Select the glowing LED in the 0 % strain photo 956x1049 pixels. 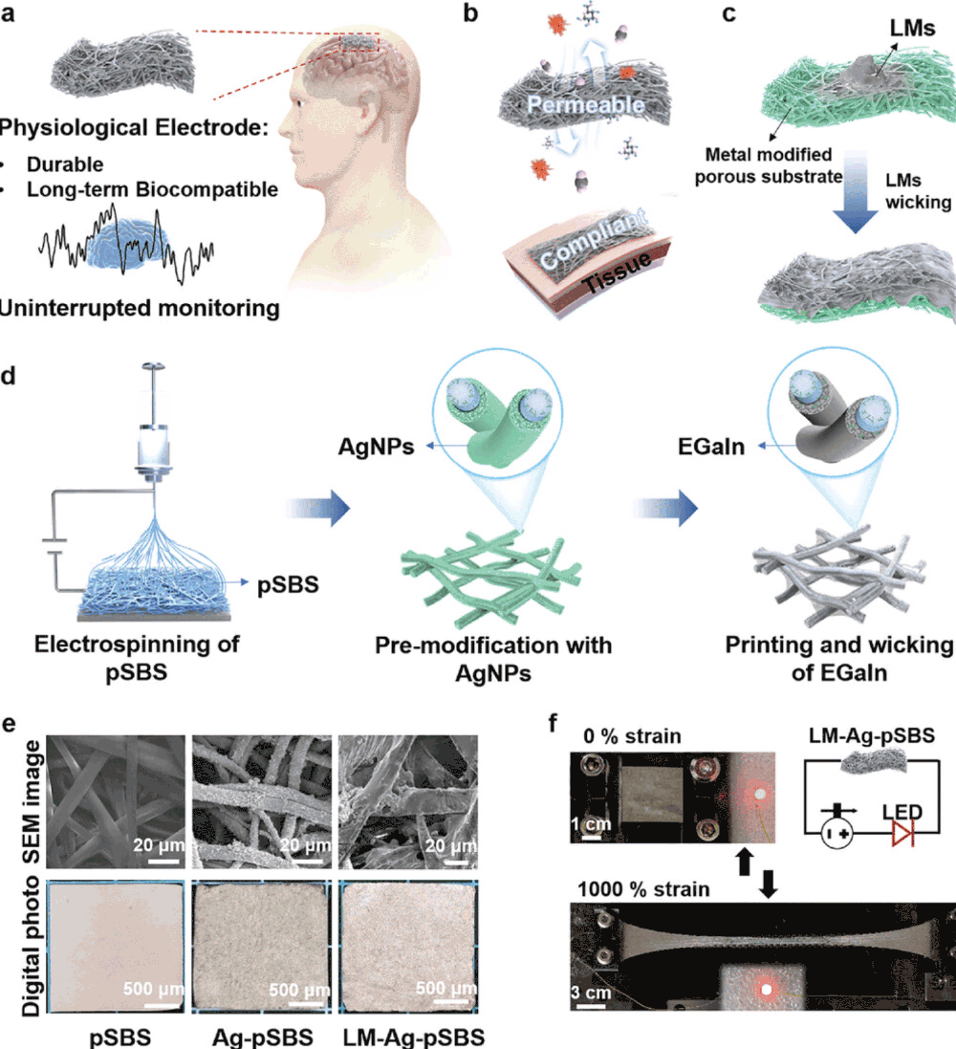coord(761,795)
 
